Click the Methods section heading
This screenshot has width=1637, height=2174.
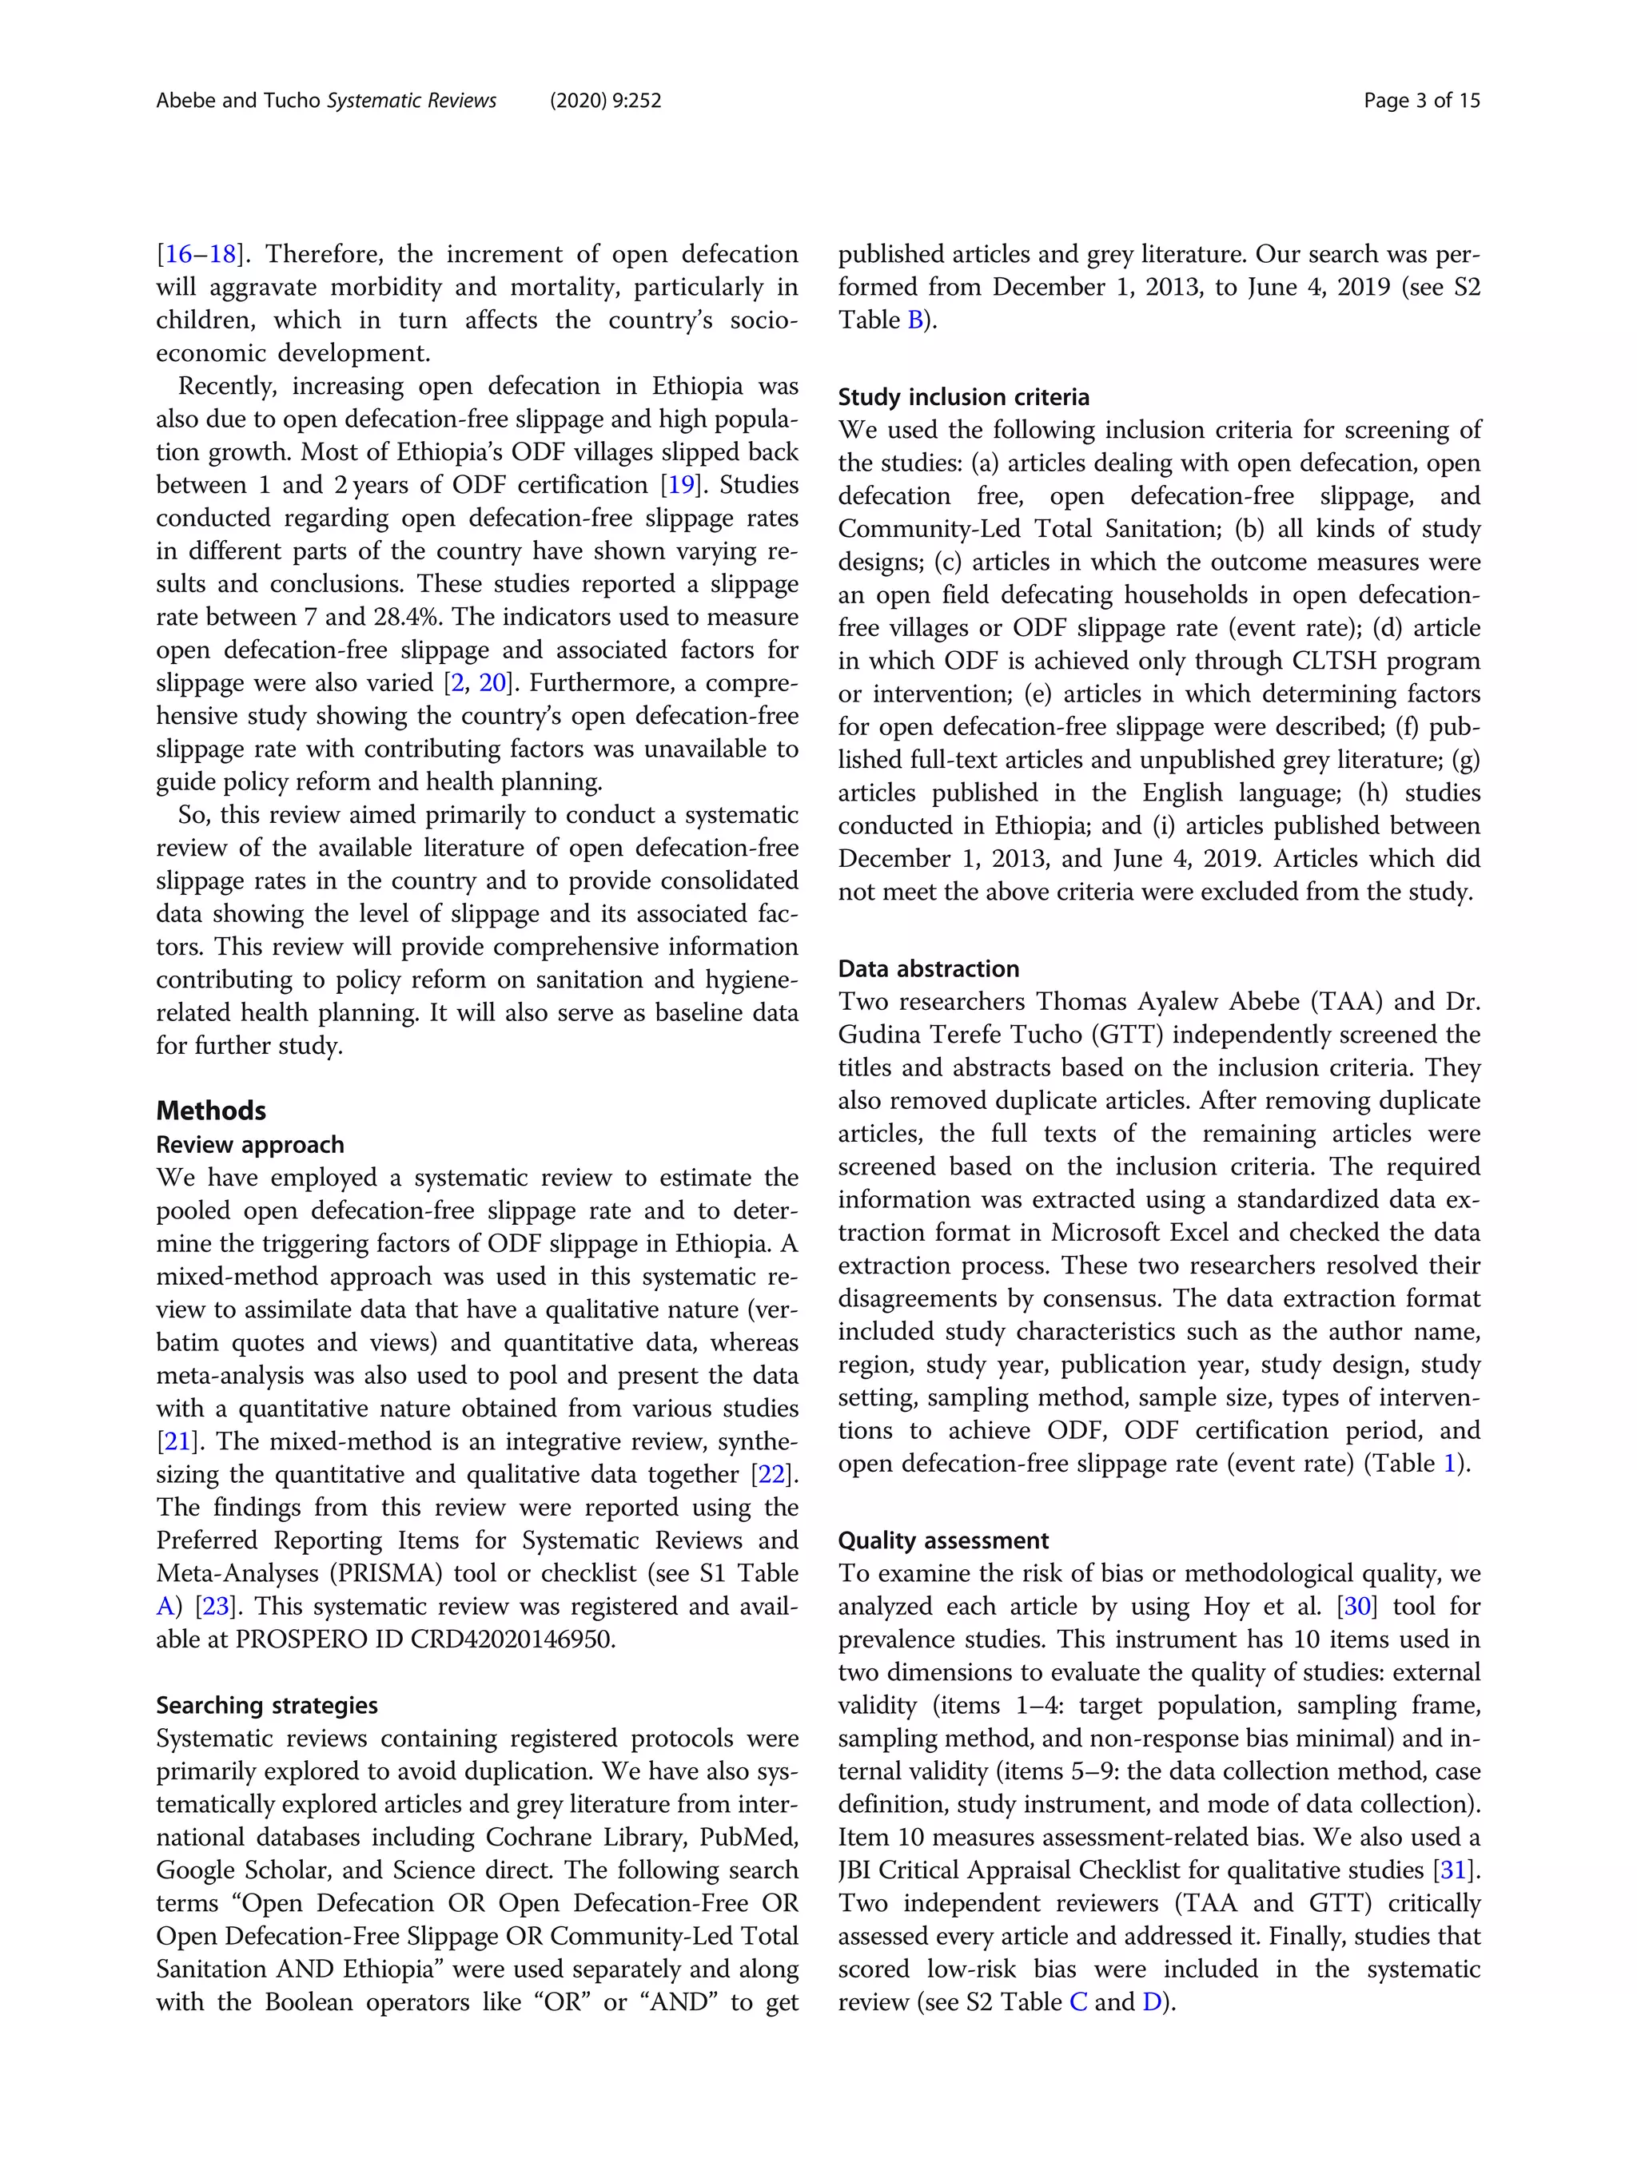[210, 1111]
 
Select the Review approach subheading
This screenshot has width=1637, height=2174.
[249, 1145]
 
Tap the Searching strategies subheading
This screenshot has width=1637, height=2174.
[266, 1705]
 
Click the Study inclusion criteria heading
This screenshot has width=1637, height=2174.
[963, 397]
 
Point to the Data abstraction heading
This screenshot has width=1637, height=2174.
[928, 969]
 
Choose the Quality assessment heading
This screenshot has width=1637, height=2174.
[943, 1540]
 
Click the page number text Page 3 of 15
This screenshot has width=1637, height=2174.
[1420, 100]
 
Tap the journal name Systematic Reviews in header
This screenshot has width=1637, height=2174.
[411, 100]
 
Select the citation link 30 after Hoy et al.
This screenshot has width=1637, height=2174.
[1356, 1607]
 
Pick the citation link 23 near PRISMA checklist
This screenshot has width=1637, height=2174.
[215, 1607]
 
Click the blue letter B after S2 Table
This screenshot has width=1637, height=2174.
[915, 320]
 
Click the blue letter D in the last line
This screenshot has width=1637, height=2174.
[1151, 2002]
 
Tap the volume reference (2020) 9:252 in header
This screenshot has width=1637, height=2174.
[604, 100]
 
